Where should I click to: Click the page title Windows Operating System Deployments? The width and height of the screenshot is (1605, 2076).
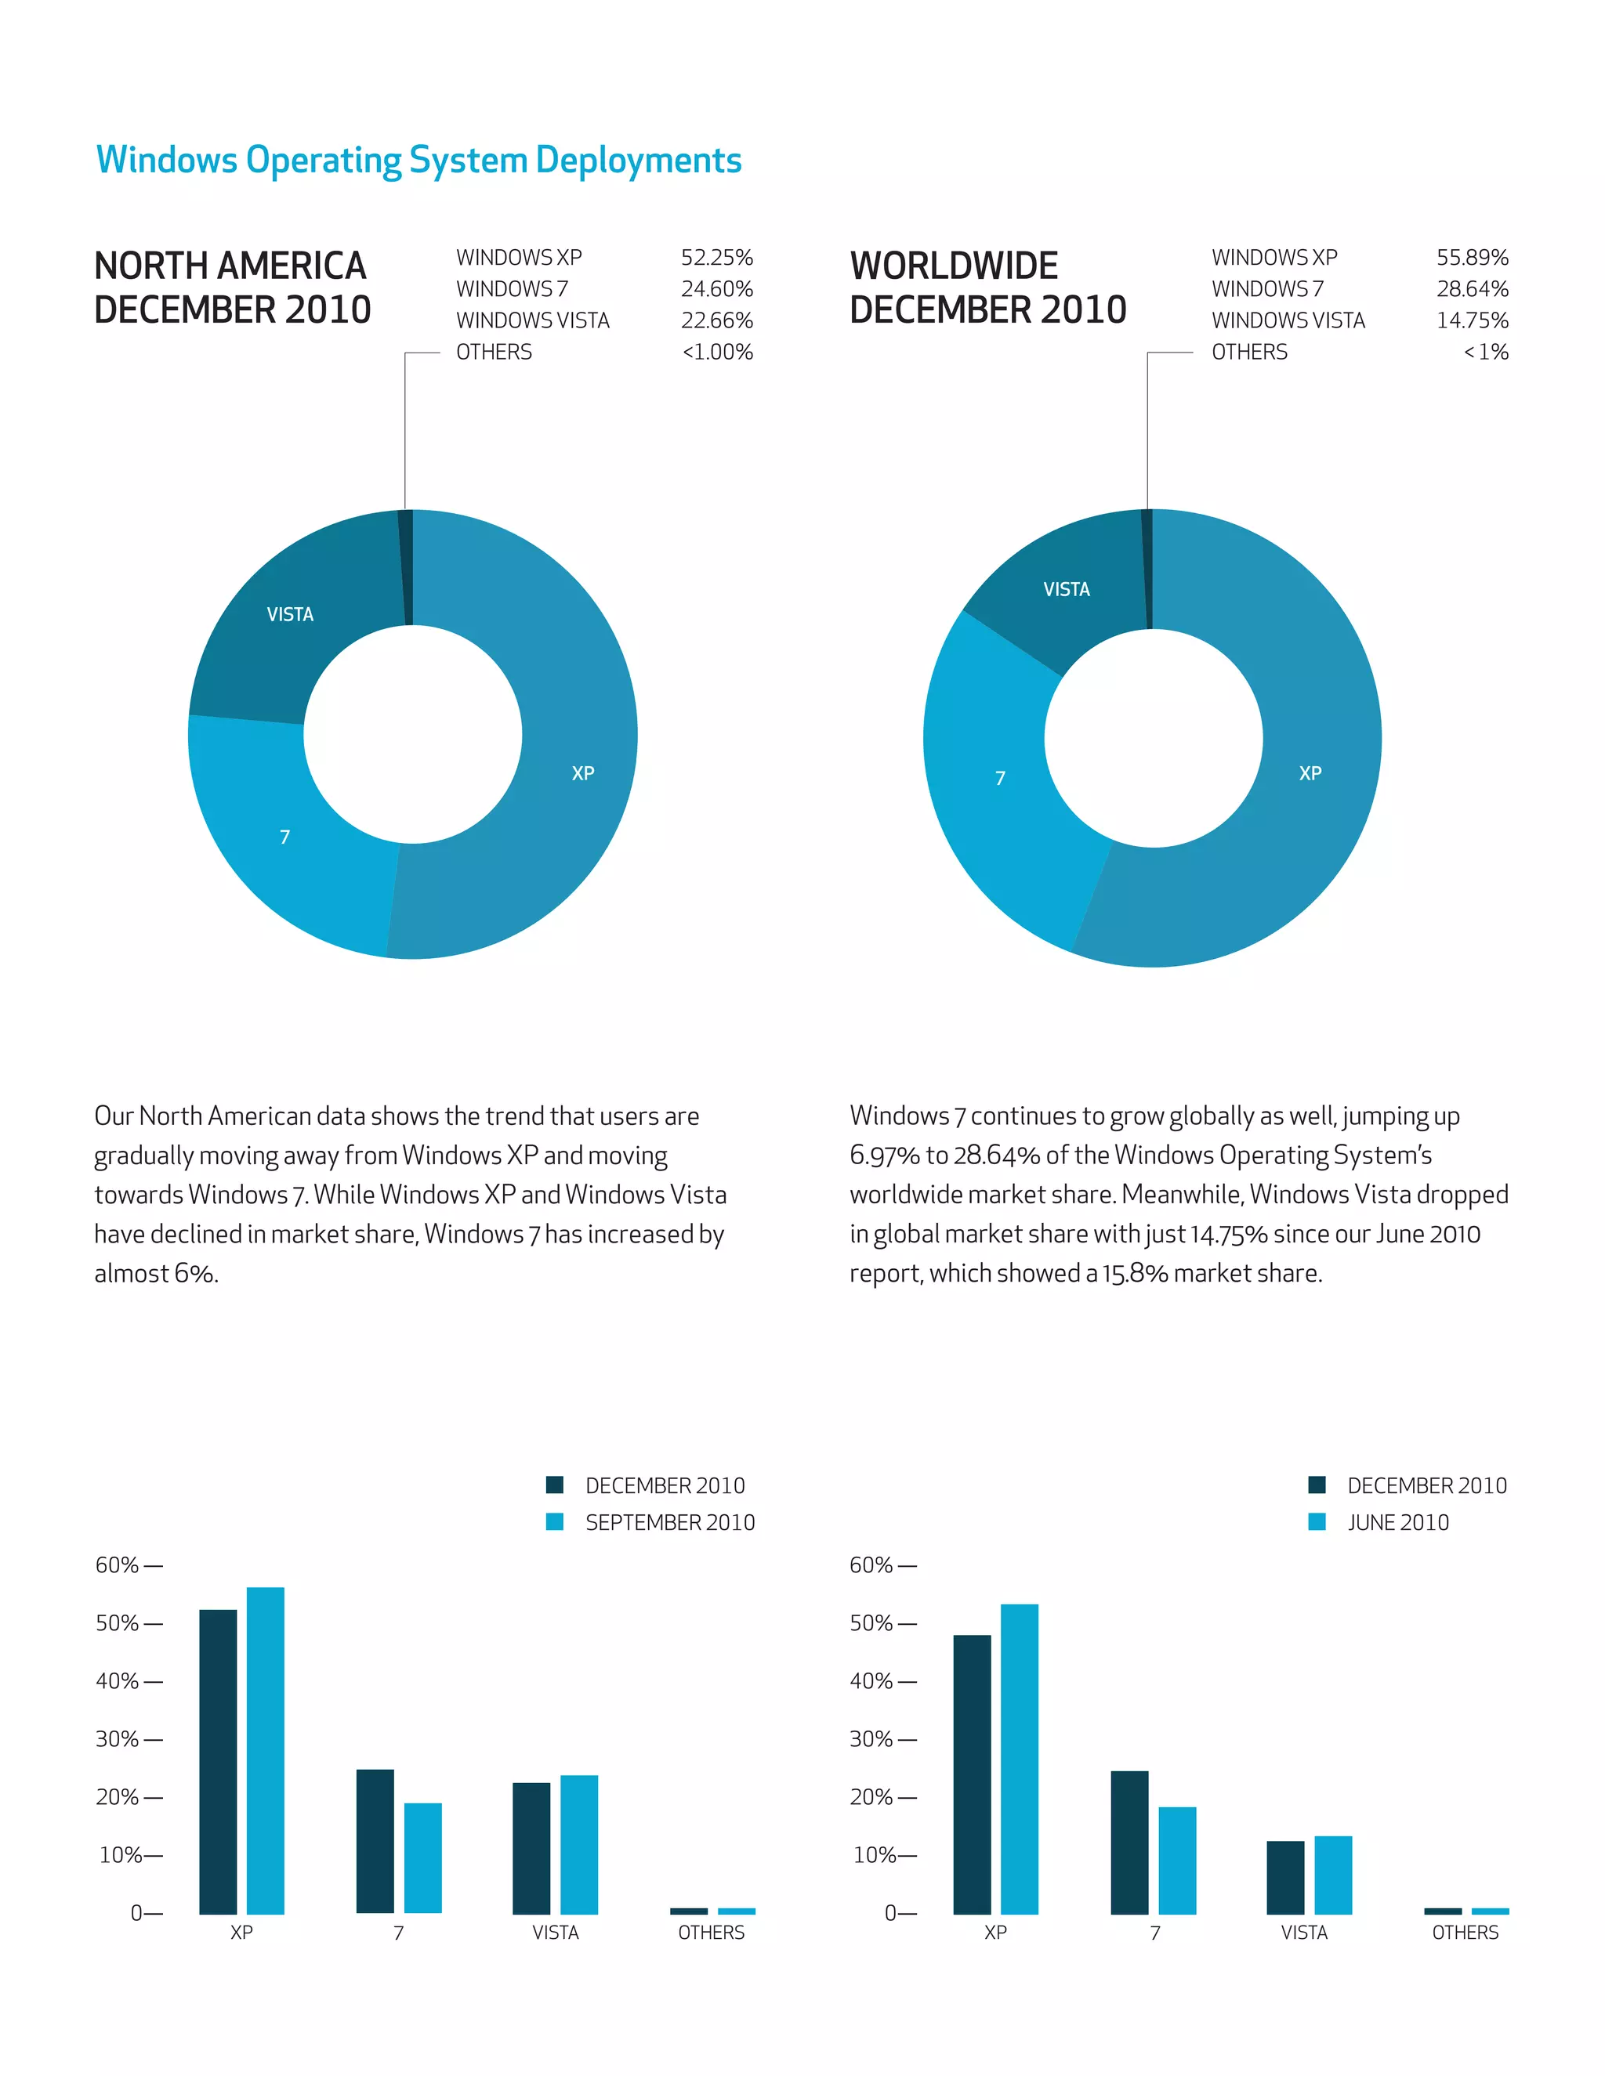(x=418, y=160)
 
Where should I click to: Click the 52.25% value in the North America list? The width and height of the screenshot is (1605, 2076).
(x=716, y=258)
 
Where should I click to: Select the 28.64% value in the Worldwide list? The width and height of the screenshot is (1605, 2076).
(x=1472, y=289)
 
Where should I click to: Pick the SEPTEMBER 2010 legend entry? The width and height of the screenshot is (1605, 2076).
(x=669, y=1523)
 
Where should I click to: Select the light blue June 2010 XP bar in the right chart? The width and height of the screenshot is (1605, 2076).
(x=1020, y=1759)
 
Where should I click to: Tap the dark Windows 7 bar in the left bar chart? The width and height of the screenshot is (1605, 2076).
(x=375, y=1840)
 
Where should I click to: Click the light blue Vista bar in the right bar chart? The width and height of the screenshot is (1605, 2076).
(x=1332, y=1875)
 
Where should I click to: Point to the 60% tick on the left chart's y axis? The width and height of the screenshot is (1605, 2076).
(x=129, y=1565)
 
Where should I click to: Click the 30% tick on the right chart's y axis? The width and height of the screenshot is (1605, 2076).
(x=882, y=1739)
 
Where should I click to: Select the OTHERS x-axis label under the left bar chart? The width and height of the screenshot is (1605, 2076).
(x=712, y=1933)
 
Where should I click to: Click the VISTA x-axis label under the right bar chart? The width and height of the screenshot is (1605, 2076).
(x=1303, y=1933)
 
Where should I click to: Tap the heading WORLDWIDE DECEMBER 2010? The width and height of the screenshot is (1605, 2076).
(x=987, y=287)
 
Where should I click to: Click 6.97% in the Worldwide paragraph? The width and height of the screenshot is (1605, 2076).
(x=884, y=1155)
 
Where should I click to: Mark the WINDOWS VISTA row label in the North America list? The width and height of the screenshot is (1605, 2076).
(x=532, y=320)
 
